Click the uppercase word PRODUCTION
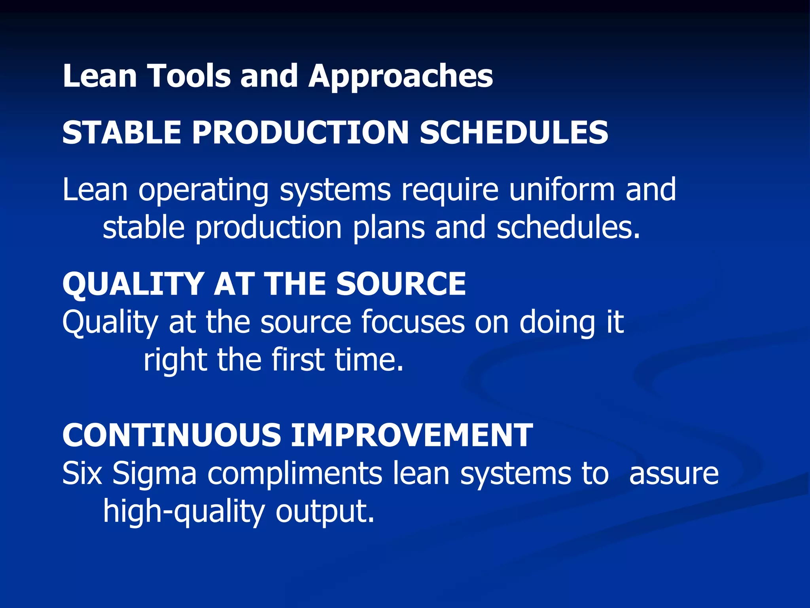click(x=300, y=133)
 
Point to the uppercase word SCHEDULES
click(x=514, y=133)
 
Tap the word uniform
click(x=562, y=190)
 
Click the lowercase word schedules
click(x=568, y=228)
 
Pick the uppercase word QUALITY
click(x=133, y=285)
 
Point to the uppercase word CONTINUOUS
click(x=171, y=435)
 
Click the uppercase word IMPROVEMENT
click(x=412, y=435)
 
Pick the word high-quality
click(x=184, y=512)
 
